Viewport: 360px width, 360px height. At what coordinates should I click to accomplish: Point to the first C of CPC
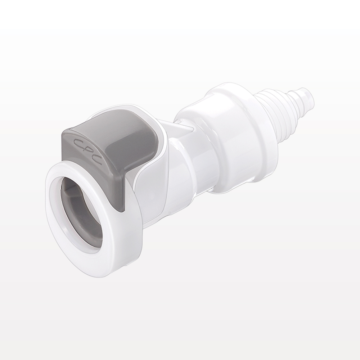[x=78, y=143]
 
